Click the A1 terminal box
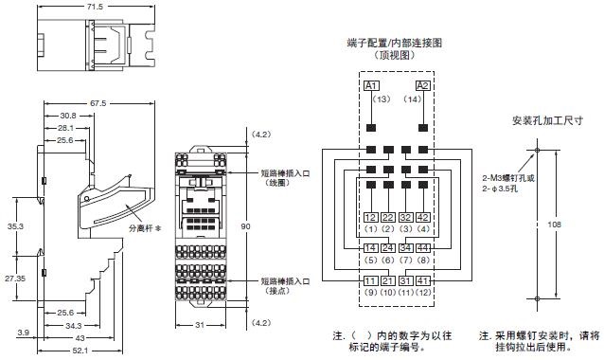pyautogui.click(x=371, y=86)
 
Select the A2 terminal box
pyautogui.click(x=423, y=86)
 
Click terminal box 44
pyautogui.click(x=423, y=247)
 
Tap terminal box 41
pyautogui.click(x=423, y=279)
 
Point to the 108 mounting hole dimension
pyautogui.click(x=553, y=225)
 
